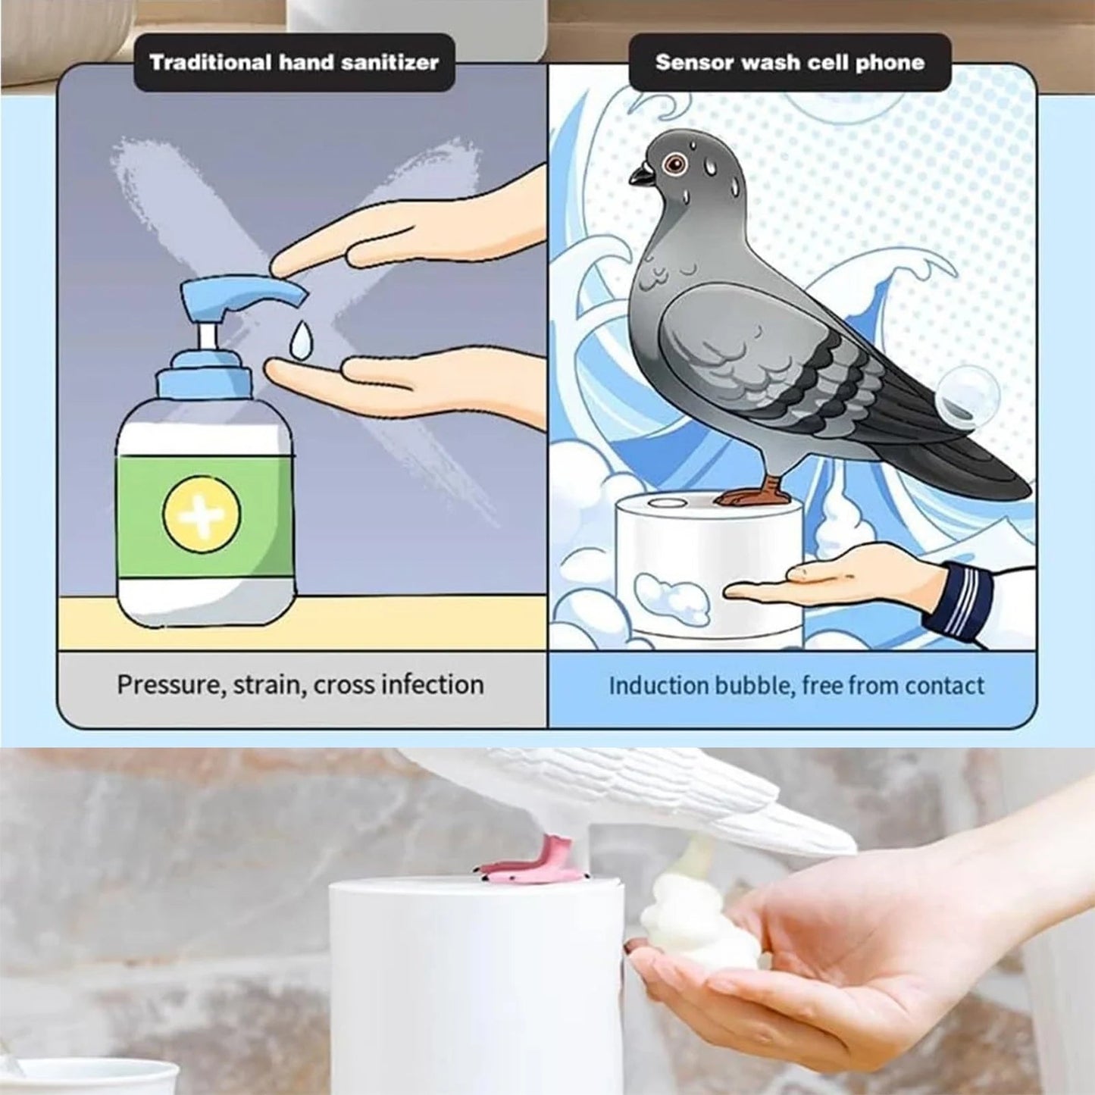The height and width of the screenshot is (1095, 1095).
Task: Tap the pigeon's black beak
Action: pos(641,176)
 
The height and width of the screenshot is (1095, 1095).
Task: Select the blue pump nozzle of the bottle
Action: pos(242,294)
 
